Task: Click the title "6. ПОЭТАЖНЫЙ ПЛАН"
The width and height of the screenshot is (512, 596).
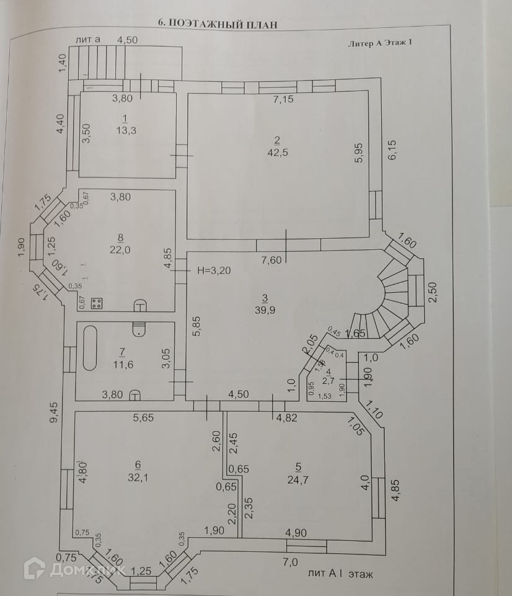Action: click(x=217, y=24)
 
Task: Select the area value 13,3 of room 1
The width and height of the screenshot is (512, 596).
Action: click(x=125, y=130)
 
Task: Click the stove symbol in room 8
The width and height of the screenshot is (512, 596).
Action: click(x=97, y=303)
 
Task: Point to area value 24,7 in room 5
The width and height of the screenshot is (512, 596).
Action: click(x=299, y=478)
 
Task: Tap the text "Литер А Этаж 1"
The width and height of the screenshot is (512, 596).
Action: click(x=380, y=43)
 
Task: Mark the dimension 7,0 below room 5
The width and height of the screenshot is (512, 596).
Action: click(x=291, y=562)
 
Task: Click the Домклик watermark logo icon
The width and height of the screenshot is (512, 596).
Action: click(x=35, y=568)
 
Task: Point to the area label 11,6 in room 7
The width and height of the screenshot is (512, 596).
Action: click(x=124, y=364)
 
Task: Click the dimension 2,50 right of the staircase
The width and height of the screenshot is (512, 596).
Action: click(x=433, y=291)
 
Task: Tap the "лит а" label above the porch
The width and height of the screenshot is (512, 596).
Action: click(x=87, y=39)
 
